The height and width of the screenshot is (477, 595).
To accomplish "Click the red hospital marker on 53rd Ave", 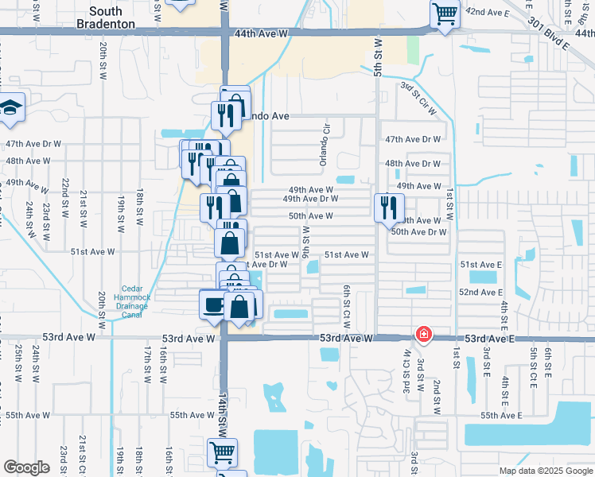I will click(x=423, y=334).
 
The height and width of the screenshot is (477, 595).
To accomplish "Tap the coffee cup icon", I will click(x=213, y=305).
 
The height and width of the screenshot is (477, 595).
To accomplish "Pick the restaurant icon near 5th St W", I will click(x=389, y=207).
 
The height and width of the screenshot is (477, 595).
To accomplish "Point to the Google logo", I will click(x=26, y=467).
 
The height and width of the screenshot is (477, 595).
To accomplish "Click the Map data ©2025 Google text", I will click(x=546, y=471).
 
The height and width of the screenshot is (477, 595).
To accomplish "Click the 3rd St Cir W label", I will click(x=419, y=98).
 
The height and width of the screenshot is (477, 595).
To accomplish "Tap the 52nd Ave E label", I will click(x=480, y=293).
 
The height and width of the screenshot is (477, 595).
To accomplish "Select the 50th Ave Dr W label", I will click(x=418, y=232).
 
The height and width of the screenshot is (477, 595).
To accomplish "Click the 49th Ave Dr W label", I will click(x=310, y=199).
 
